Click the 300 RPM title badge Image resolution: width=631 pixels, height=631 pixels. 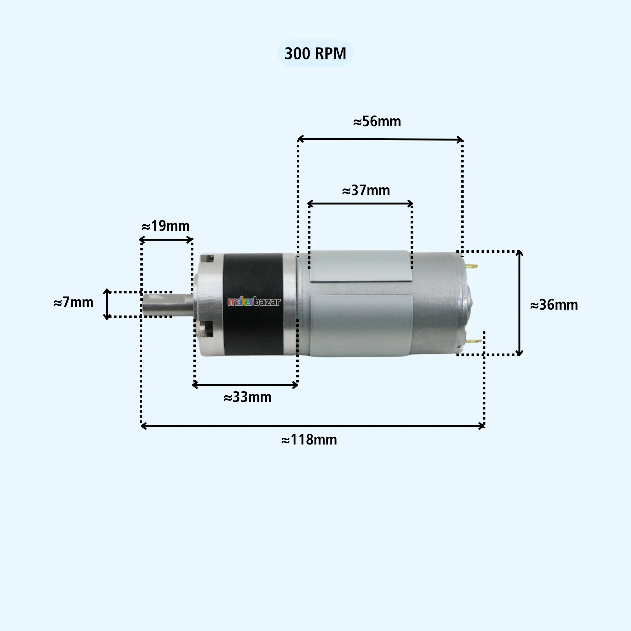click(x=315, y=53)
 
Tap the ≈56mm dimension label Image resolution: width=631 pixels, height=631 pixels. click(x=377, y=121)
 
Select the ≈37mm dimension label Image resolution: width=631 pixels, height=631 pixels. click(x=366, y=190)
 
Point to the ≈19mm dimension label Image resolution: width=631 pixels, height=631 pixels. click(x=165, y=226)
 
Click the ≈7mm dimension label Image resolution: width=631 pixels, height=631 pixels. click(x=73, y=302)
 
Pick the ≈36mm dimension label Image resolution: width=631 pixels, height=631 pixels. click(x=554, y=305)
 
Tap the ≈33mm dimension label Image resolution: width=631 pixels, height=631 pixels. click(x=248, y=397)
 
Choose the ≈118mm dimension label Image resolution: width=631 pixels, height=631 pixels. click(x=309, y=440)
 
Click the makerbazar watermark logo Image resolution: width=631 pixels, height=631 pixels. click(x=254, y=302)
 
